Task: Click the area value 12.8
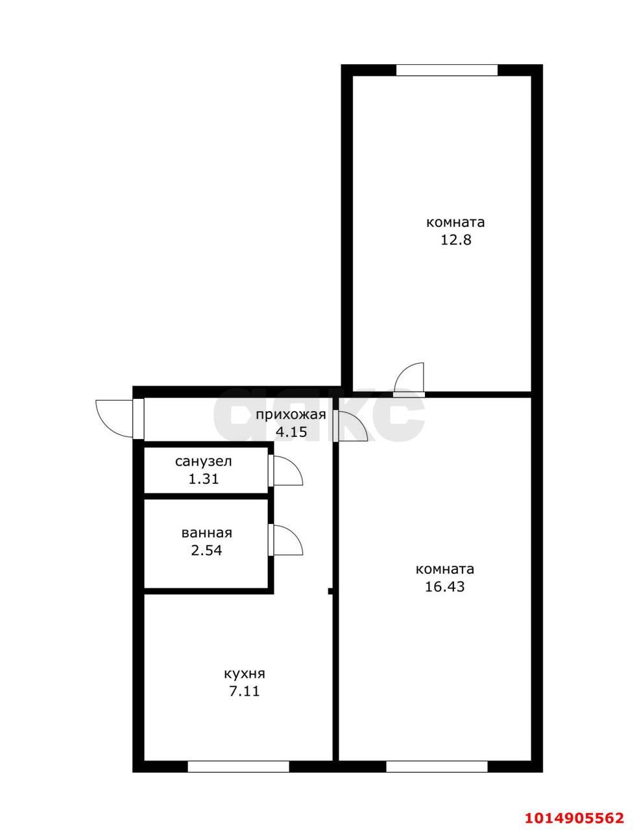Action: pyautogui.click(x=455, y=240)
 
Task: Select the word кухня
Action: pyautogui.click(x=244, y=674)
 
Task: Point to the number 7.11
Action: pyautogui.click(x=244, y=691)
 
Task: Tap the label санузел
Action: pyautogui.click(x=203, y=462)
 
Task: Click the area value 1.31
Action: pyautogui.click(x=203, y=480)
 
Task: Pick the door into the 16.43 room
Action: pyautogui.click(x=351, y=426)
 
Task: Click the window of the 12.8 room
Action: pyautogui.click(x=446, y=70)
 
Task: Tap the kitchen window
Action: pyautogui.click(x=238, y=766)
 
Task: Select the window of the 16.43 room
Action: pyautogui.click(x=437, y=766)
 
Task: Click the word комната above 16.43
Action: pyautogui.click(x=444, y=569)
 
